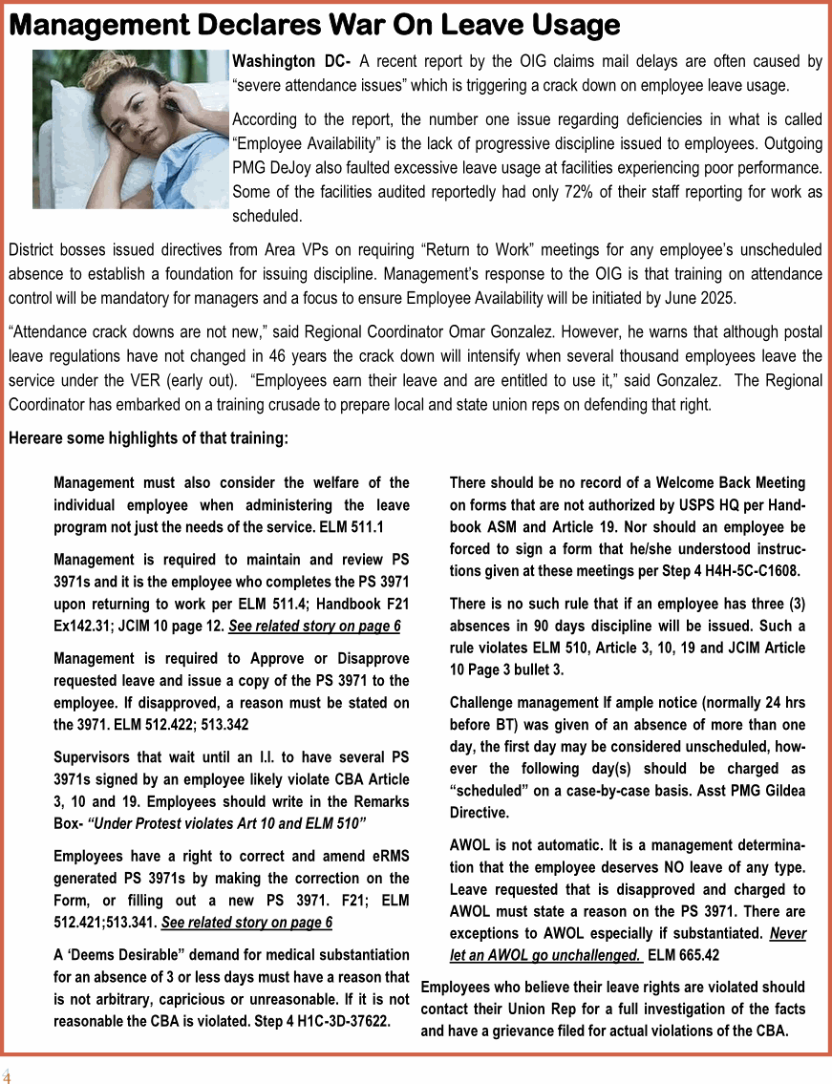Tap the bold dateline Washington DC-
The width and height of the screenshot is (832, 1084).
point(291,62)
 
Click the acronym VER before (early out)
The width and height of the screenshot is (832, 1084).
point(147,381)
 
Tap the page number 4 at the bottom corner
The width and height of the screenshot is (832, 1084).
point(7,1075)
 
